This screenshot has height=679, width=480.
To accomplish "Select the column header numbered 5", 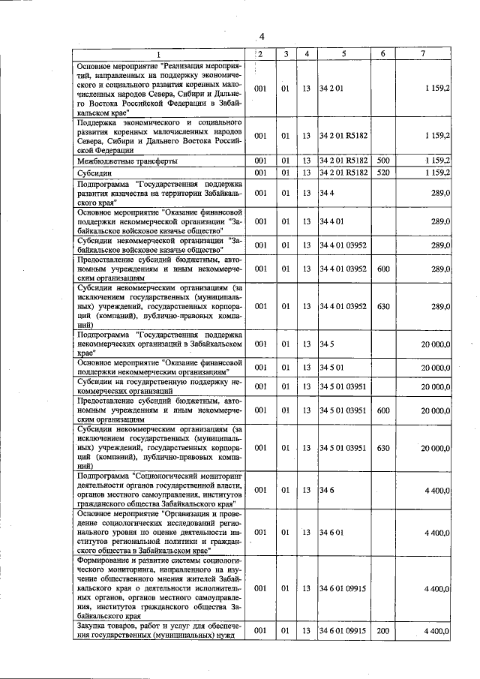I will tap(343, 54).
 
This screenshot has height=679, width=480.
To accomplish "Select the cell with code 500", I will tap(382, 161).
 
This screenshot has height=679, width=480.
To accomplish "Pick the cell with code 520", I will tap(382, 173).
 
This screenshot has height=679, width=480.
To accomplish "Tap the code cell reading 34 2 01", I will tap(331, 88).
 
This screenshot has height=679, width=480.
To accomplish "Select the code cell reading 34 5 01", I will tap(331, 368).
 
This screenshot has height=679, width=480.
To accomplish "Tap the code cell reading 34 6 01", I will tap(331, 532).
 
